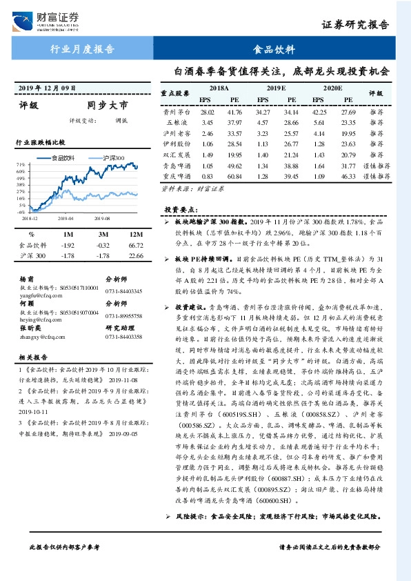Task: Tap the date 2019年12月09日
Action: coord(46,88)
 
